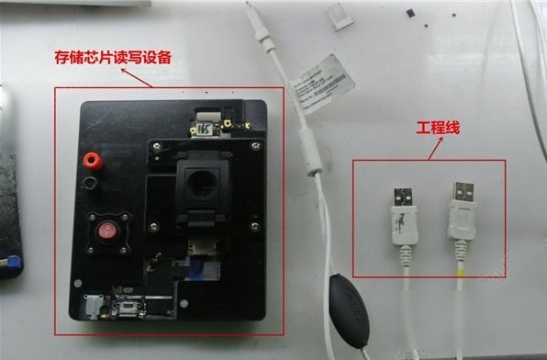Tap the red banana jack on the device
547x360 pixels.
click(x=91, y=162)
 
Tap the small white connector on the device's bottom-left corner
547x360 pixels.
click(x=94, y=307)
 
